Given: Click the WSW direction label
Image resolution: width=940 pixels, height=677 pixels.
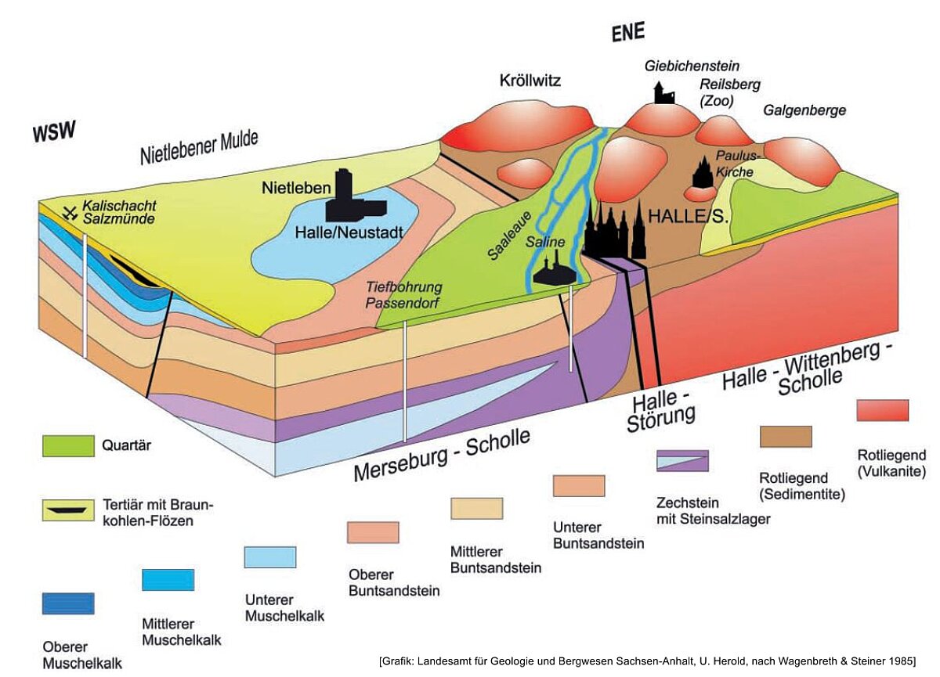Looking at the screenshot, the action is click(x=55, y=131).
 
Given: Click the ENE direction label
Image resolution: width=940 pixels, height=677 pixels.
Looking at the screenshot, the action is click(x=627, y=32).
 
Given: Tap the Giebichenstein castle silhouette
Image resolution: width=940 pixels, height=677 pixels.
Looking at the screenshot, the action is click(x=664, y=93).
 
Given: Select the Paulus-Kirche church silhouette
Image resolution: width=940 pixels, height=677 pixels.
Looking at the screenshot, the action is click(x=703, y=171).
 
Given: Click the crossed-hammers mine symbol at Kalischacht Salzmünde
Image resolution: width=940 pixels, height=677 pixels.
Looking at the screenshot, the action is click(x=70, y=214).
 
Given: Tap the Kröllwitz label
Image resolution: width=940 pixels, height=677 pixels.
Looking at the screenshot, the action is click(x=530, y=80).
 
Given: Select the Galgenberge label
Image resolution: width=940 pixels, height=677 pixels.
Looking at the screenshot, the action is click(x=804, y=110).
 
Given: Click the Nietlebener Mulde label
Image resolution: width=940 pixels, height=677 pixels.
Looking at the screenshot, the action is click(x=199, y=148).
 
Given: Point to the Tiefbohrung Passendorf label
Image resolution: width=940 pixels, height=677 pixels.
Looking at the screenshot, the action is click(x=403, y=295).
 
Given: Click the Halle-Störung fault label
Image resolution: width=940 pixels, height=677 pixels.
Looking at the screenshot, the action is click(x=660, y=411).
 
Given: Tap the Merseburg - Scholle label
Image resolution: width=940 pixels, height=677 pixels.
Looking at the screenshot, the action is click(x=442, y=455).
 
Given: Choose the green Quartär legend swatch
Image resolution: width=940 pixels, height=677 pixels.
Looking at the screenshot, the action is click(x=68, y=446).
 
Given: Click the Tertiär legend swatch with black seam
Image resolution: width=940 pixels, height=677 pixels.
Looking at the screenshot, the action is click(x=68, y=510).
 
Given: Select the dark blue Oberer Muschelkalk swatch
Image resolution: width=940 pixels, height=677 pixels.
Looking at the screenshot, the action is click(x=68, y=603).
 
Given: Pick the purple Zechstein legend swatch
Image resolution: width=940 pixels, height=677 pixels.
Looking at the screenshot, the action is click(x=682, y=461).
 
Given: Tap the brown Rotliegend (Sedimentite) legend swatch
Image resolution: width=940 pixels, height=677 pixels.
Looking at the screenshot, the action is click(x=786, y=437).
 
